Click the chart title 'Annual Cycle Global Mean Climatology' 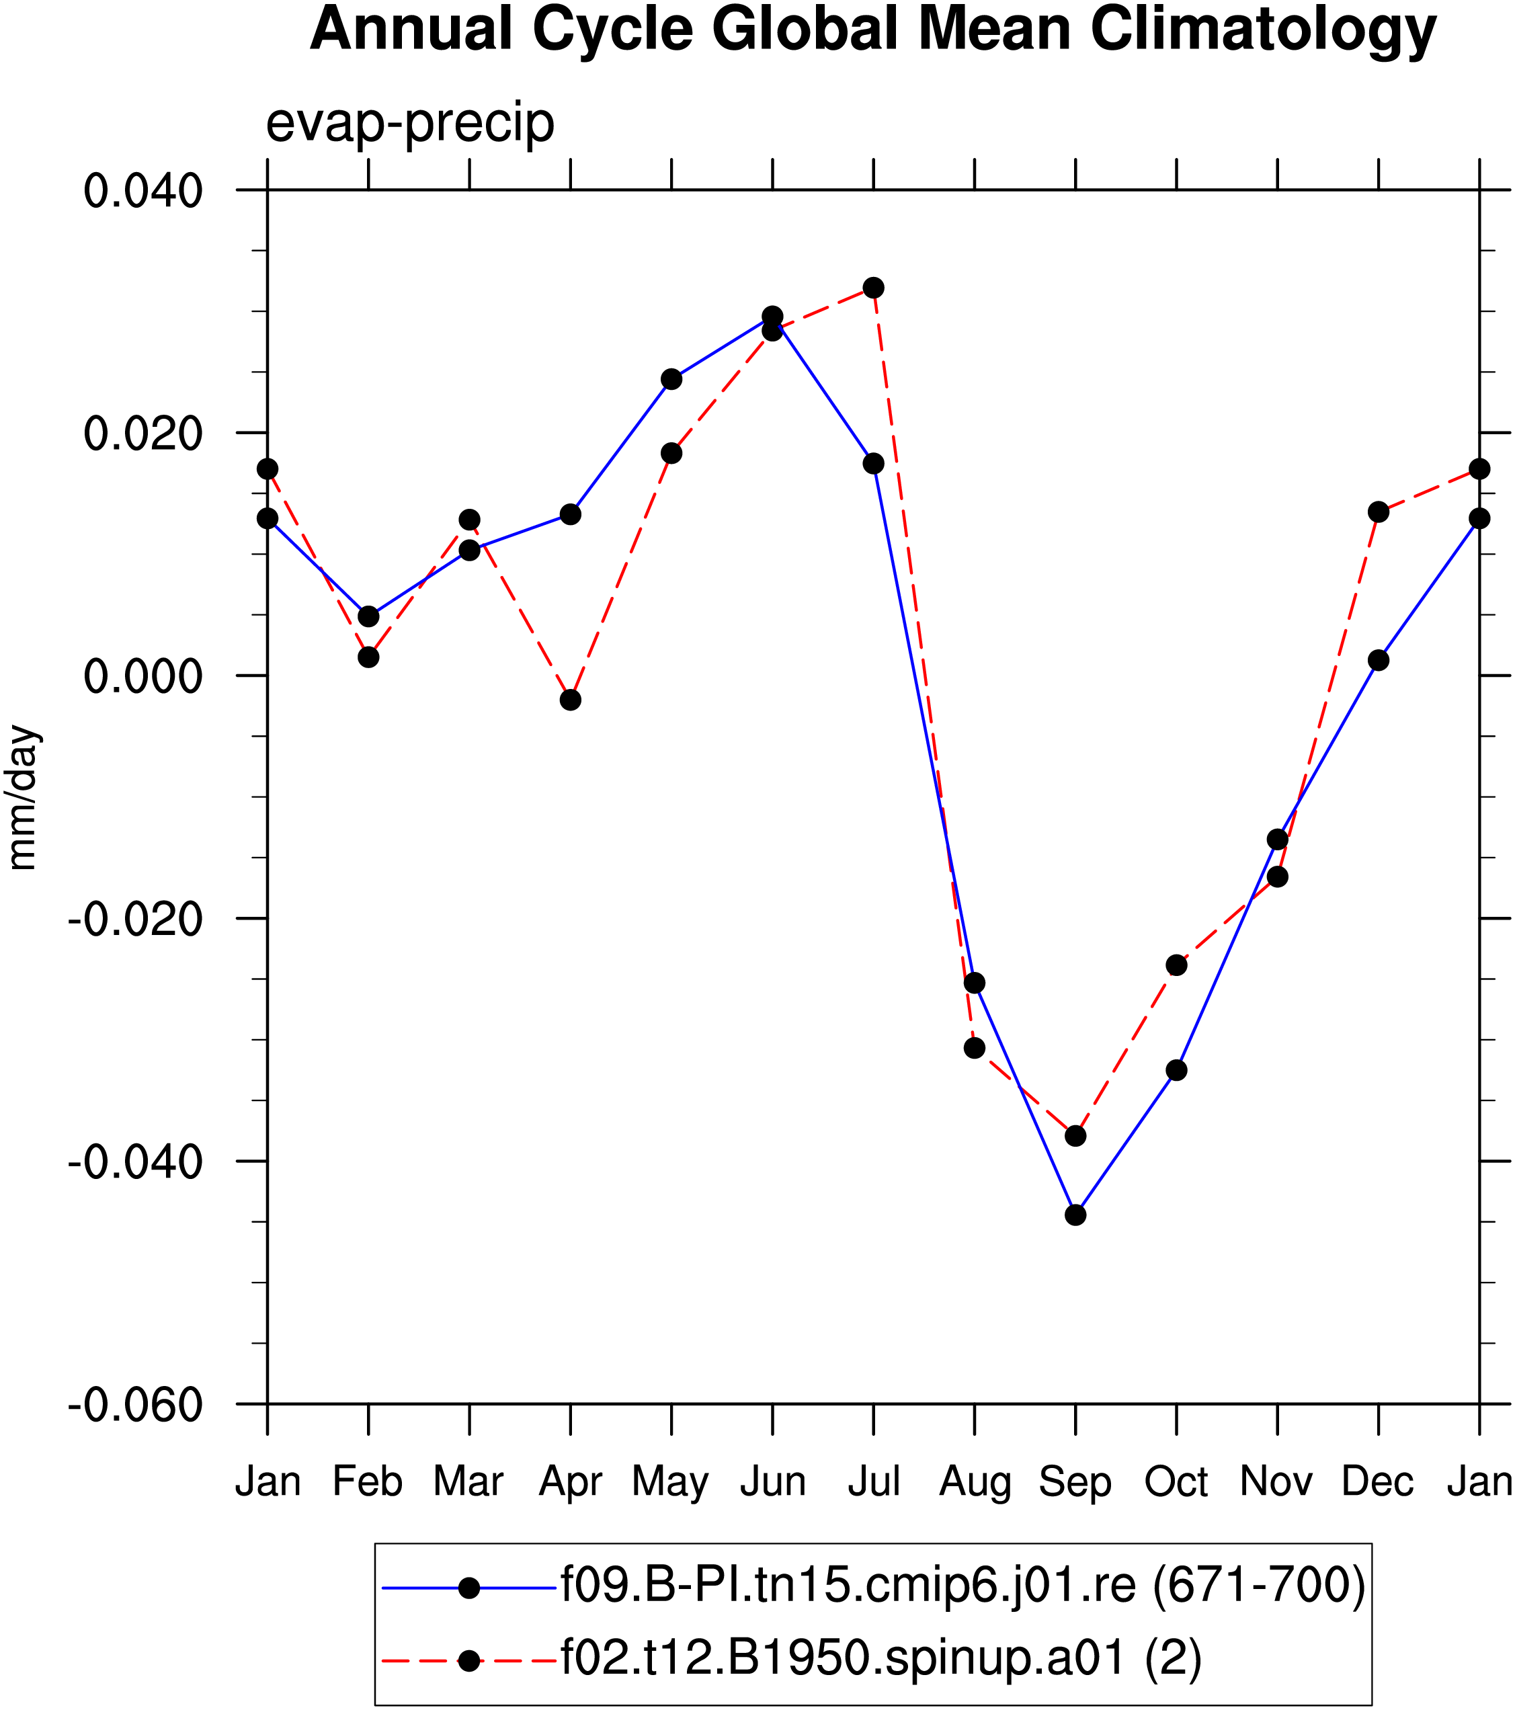pos(872,30)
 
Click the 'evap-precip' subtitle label pos(410,124)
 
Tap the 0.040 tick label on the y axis pos(143,191)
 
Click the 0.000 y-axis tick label pos(143,676)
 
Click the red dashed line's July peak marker pos(873,288)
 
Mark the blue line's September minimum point pos(1076,1215)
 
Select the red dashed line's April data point pos(571,700)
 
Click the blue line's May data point pos(671,379)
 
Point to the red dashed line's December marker pos(1379,511)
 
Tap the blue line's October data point pos(1177,1070)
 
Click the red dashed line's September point pos(1076,1136)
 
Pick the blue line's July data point pos(873,464)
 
